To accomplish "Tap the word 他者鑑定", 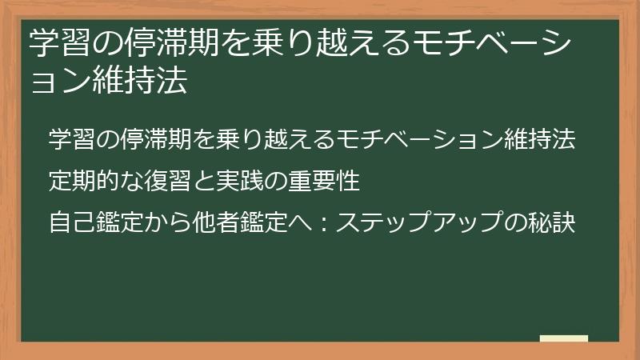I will click(x=225, y=223).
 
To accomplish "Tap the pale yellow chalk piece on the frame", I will click(x=563, y=339).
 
